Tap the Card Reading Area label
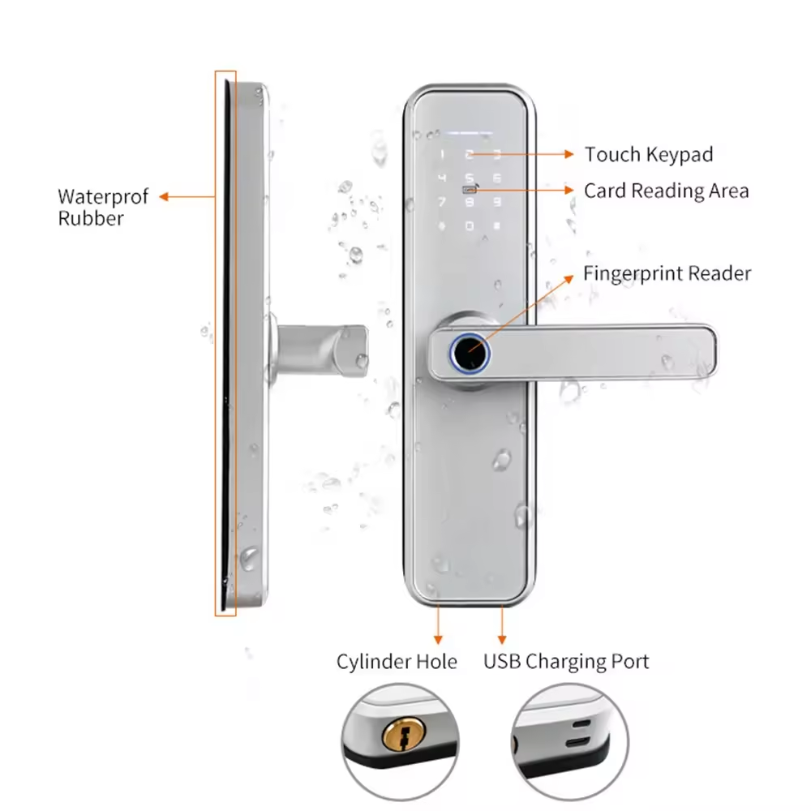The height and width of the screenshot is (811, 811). click(x=666, y=191)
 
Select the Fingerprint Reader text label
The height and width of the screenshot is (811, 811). click(x=667, y=273)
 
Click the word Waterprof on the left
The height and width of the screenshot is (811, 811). click(x=103, y=197)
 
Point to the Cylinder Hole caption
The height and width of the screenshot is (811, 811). click(x=397, y=662)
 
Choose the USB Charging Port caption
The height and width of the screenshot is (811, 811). click(x=566, y=662)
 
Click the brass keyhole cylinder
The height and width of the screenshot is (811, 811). click(x=397, y=738)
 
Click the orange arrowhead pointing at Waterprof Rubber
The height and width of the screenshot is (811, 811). click(x=163, y=196)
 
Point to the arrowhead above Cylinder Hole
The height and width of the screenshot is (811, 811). click(x=439, y=639)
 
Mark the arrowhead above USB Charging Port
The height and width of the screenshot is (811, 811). click(x=502, y=639)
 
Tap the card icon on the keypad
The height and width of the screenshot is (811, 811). click(x=470, y=191)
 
